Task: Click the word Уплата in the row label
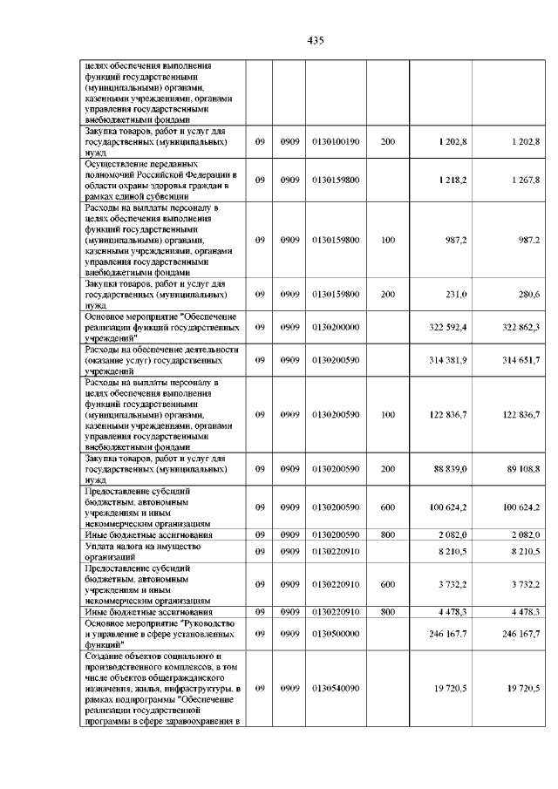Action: tap(102, 546)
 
